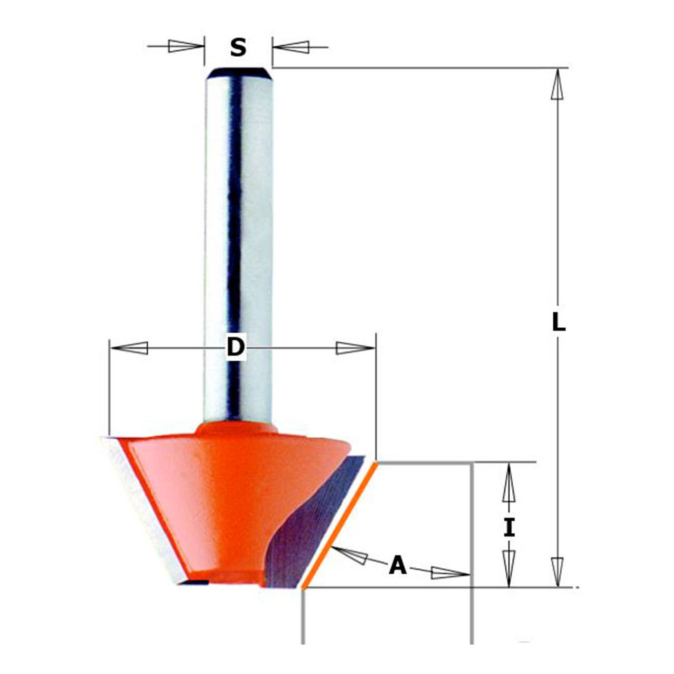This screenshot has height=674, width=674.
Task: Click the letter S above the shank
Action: tap(238, 47)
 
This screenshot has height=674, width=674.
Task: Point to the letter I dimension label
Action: tap(509, 528)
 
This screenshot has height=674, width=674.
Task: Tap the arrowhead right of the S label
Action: tap(291, 46)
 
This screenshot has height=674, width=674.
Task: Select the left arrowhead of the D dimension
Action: tap(129, 348)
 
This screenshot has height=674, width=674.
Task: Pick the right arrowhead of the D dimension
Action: tap(355, 348)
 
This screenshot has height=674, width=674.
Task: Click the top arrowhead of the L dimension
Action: tap(557, 84)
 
